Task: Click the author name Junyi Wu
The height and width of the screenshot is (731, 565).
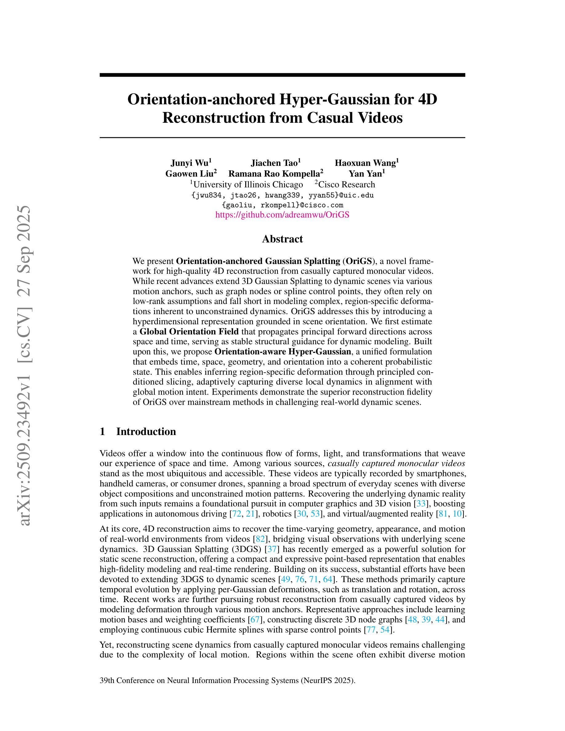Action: (x=190, y=163)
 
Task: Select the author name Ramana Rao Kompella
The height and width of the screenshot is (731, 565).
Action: (x=274, y=174)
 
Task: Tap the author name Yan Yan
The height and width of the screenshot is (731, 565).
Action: (x=365, y=174)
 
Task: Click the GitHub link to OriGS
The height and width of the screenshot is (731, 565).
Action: (x=282, y=215)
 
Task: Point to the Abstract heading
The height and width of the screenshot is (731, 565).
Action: (x=282, y=239)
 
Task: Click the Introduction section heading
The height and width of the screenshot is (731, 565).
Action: (x=146, y=431)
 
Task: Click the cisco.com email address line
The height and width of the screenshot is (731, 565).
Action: (x=282, y=205)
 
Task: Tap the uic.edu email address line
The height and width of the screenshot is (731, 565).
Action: (x=282, y=195)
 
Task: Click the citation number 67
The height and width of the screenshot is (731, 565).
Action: (x=255, y=619)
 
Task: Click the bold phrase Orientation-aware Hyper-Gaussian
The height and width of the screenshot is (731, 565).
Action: (x=282, y=352)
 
